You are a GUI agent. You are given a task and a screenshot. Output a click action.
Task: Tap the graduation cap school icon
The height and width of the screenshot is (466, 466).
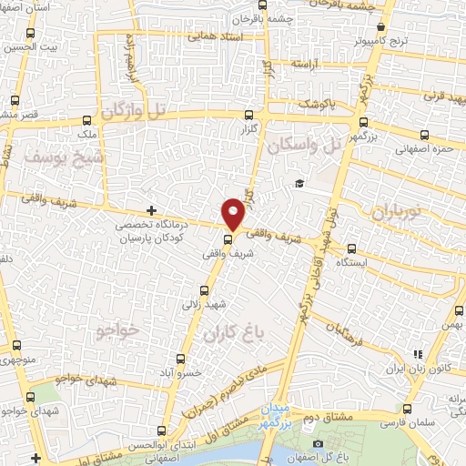[299, 185]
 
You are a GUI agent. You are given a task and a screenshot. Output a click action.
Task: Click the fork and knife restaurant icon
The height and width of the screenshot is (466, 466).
[418, 354]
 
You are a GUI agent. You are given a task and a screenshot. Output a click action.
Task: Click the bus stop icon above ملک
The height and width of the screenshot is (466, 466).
[87, 119]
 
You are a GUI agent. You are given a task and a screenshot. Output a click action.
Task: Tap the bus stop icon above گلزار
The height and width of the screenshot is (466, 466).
[249, 115]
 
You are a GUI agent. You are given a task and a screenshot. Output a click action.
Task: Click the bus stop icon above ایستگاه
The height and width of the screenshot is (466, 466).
[349, 248]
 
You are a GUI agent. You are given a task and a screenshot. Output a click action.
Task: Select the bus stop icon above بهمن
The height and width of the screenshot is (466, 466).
[455, 311]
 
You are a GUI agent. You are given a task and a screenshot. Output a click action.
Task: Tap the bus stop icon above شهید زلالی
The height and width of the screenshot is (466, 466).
[203, 291]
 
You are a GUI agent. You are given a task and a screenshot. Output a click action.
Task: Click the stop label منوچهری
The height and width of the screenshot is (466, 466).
[18, 357]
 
